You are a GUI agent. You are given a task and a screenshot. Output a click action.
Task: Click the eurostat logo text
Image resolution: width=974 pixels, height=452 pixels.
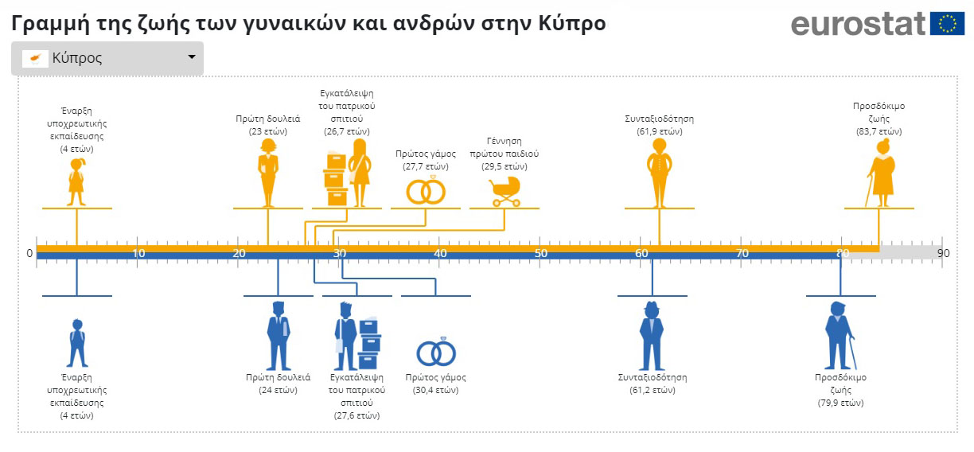858,24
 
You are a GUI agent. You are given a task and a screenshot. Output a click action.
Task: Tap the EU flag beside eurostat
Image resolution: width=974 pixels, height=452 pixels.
947,24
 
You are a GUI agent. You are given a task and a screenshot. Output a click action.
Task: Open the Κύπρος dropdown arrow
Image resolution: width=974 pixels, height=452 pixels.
191,57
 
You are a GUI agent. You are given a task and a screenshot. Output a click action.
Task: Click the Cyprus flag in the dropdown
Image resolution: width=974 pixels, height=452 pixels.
35,58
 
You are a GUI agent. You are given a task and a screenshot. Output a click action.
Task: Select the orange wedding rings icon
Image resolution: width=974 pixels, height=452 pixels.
426,190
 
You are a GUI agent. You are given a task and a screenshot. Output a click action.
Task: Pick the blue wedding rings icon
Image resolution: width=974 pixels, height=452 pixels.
436,353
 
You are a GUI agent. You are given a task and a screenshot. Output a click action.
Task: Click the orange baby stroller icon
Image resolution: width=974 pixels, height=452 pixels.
505,192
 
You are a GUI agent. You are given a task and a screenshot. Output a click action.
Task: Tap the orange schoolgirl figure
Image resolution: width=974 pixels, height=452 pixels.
76,182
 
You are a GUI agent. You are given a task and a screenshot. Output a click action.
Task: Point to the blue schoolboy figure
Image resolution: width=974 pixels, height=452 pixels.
77,343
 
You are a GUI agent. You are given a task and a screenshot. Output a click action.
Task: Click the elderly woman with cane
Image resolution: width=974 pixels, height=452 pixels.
881,173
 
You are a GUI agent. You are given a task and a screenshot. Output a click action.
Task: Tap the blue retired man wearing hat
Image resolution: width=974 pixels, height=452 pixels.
652,336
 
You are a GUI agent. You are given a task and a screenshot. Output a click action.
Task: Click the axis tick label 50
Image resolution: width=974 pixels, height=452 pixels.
541,253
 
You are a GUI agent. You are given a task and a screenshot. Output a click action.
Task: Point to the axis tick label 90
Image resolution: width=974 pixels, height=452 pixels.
943,253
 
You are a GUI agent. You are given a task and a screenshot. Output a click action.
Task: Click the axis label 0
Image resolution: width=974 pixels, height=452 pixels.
29,253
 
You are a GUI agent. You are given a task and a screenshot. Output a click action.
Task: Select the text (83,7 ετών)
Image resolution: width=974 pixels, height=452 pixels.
879,131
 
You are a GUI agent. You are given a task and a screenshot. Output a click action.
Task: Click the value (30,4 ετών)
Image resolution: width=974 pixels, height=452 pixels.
436,390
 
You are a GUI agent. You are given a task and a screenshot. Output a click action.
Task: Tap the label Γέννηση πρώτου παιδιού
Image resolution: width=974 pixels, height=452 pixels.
505,147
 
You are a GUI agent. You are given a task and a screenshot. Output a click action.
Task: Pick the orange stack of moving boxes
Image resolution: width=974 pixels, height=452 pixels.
336,178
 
